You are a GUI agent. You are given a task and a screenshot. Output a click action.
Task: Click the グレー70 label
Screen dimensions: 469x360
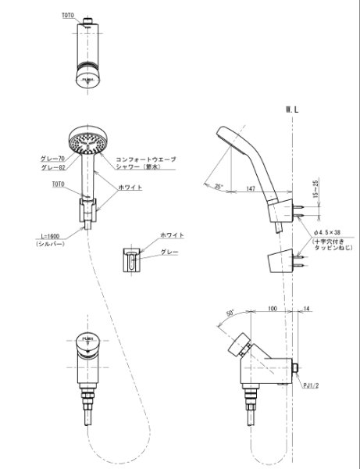[52, 159]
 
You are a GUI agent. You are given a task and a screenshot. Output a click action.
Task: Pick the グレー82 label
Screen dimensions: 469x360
[52, 166]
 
